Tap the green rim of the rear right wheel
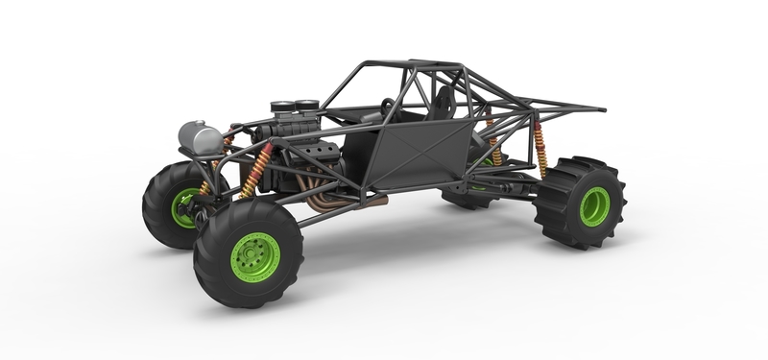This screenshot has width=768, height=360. click(594, 205)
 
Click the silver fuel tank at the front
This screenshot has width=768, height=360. click(200, 138)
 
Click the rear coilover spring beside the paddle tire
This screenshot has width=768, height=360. click(540, 149)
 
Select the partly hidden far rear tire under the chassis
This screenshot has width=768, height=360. click(470, 199)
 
